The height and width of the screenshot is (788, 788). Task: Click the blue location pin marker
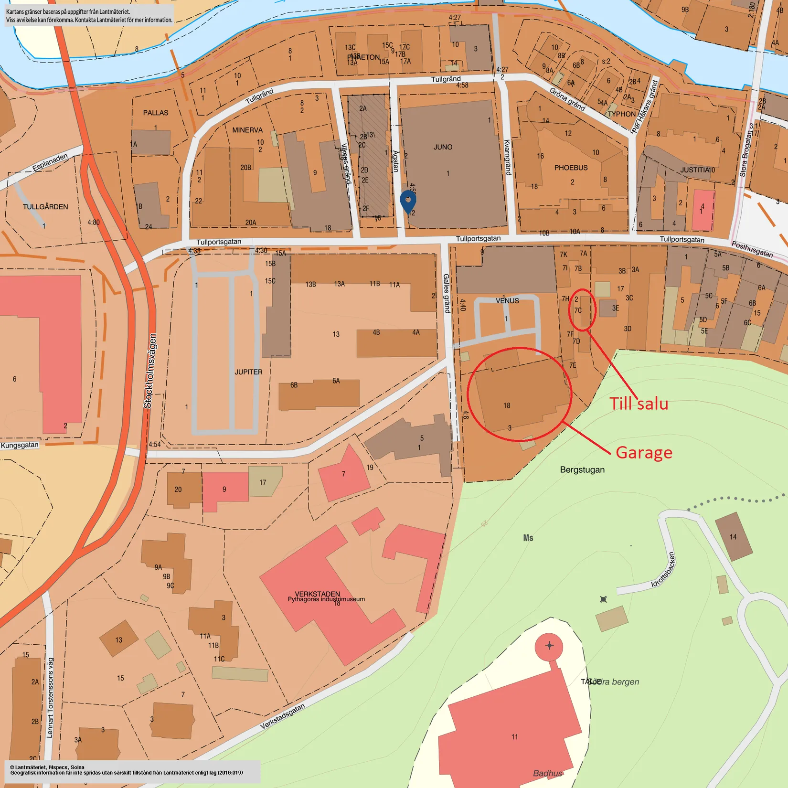[x=408, y=201]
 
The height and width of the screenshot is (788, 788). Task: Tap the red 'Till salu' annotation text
[x=639, y=404]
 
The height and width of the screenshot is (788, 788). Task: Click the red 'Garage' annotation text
[x=644, y=452]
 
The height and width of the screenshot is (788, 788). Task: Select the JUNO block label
[x=443, y=147]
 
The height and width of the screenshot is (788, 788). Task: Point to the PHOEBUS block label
[x=571, y=168]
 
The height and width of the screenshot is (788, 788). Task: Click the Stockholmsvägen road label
[x=150, y=371]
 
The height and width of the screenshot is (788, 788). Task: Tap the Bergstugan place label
[x=582, y=469]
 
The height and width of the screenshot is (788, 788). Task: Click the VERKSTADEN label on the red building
[x=317, y=594]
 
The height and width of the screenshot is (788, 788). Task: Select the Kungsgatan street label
[x=20, y=445]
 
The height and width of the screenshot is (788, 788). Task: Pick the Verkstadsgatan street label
[x=282, y=716]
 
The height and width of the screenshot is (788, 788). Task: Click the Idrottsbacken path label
[x=664, y=569]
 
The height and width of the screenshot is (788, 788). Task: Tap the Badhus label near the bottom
[x=547, y=773]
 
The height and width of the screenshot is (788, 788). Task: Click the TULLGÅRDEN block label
[x=45, y=207]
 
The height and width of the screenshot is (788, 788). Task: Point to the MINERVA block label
[x=247, y=130]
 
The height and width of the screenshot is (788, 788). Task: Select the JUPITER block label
[x=248, y=372]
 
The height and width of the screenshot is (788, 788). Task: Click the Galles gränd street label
[x=447, y=293]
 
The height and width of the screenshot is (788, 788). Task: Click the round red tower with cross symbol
[x=549, y=646]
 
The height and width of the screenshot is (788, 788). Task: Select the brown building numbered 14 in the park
[x=734, y=536]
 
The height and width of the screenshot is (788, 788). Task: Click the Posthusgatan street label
[x=752, y=249]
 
